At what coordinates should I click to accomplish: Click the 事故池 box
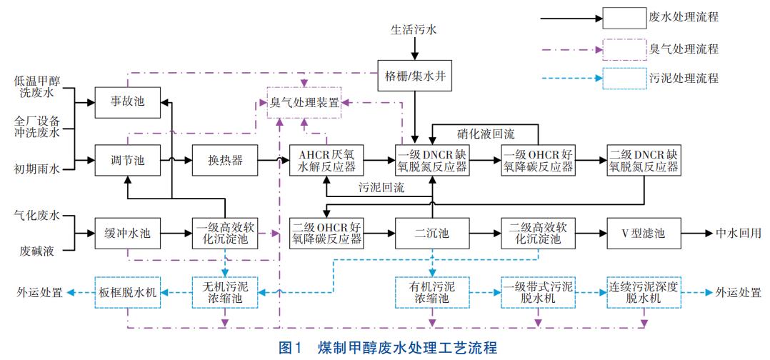pyautogui.click(x=129, y=102)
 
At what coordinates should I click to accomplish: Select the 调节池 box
pyautogui.click(x=129, y=161)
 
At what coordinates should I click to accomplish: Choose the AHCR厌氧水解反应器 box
pyautogui.click(x=326, y=161)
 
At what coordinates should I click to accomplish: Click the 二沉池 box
pyautogui.click(x=431, y=234)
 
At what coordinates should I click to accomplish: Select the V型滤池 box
pyautogui.click(x=643, y=234)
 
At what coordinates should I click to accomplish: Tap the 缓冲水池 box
pyautogui.click(x=129, y=234)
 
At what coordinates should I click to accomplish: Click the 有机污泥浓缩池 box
pyautogui.click(x=431, y=292)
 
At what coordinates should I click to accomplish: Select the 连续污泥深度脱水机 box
pyautogui.click(x=643, y=292)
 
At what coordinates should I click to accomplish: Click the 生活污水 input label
pyautogui.click(x=413, y=31)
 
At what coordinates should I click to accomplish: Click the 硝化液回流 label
pyautogui.click(x=486, y=133)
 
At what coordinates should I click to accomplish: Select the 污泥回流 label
pyautogui.click(x=381, y=189)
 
